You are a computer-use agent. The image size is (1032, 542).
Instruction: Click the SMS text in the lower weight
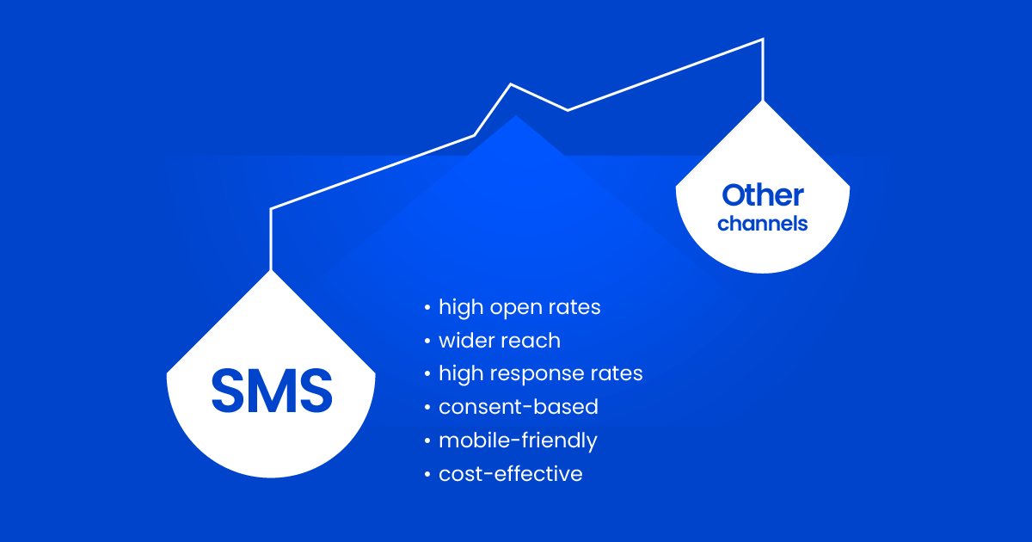272,391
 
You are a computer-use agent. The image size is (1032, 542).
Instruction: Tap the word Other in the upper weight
763,195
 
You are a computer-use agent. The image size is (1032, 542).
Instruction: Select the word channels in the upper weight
763,224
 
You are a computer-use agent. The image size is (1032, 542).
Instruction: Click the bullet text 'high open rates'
519,307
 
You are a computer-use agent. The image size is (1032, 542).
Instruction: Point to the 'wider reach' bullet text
500,341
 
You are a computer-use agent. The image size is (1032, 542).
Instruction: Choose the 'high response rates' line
540,373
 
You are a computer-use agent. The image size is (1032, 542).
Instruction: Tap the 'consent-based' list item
519,407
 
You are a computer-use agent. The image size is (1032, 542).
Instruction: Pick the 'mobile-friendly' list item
518,440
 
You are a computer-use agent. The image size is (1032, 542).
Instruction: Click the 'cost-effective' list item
511,474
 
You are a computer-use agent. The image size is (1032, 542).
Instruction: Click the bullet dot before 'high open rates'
427,307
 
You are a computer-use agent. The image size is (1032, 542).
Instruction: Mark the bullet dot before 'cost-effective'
427,474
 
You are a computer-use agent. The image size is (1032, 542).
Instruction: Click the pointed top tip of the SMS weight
271,271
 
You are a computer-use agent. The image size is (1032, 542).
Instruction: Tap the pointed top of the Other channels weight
763,102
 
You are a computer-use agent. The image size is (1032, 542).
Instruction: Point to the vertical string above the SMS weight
270,240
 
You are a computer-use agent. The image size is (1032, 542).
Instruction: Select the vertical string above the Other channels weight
763,70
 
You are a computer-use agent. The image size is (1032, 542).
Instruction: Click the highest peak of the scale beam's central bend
511,84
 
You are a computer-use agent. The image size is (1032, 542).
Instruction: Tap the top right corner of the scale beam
764,40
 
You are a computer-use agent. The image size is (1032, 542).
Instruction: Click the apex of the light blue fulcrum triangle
516,115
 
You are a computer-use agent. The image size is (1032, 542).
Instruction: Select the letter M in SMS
272,391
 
